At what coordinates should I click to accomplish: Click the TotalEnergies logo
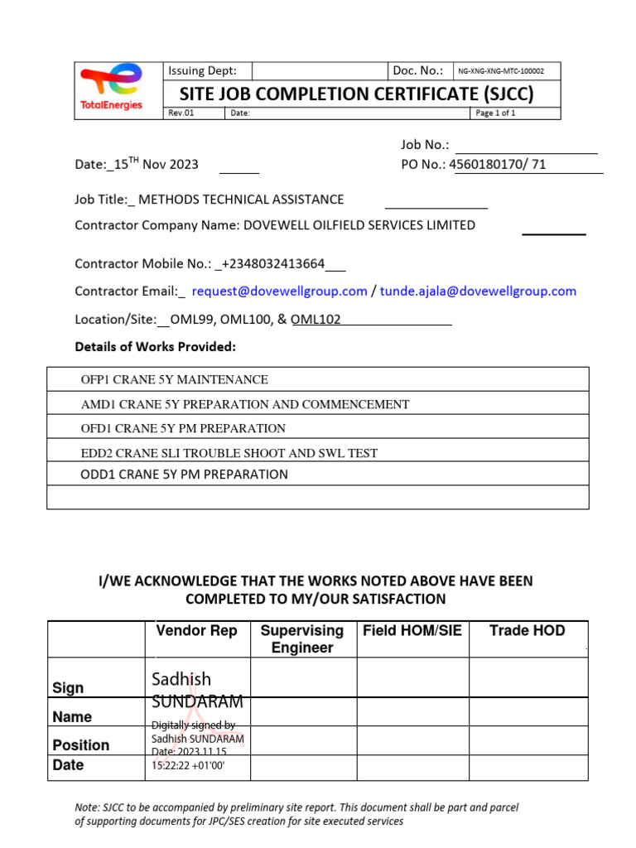[x=111, y=89]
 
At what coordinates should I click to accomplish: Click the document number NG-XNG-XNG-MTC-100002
[x=507, y=71]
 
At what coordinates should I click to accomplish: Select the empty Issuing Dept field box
[x=320, y=71]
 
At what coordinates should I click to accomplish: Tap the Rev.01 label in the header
[x=181, y=113]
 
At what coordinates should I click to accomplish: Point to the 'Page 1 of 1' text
[x=495, y=113]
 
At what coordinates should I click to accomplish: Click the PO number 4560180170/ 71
[x=498, y=164]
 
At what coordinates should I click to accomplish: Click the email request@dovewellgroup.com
[x=279, y=291]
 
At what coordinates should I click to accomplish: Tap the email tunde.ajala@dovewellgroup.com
[x=478, y=291]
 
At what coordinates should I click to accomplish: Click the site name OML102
[x=316, y=319]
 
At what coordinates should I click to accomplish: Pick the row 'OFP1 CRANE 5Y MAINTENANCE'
[x=174, y=379]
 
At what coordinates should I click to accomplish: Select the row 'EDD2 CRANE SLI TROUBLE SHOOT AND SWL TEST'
[x=229, y=452]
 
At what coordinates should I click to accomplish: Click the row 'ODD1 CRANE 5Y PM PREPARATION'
[x=184, y=475]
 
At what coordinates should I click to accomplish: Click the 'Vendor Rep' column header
[x=196, y=631]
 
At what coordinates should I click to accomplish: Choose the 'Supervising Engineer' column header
[x=302, y=638]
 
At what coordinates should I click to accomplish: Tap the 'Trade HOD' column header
[x=527, y=631]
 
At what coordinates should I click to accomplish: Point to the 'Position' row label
[x=81, y=744]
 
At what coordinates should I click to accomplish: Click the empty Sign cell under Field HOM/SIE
[x=412, y=678]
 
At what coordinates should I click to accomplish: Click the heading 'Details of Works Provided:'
[x=156, y=346]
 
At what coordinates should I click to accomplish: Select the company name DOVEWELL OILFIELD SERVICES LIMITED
[x=359, y=224]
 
